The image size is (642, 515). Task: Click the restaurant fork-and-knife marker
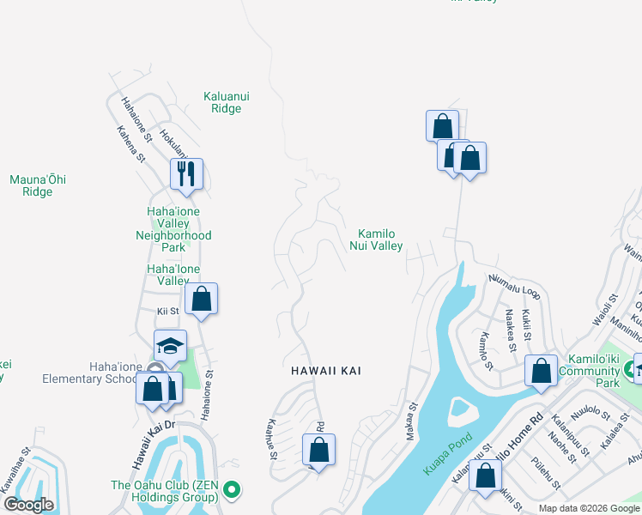tap(186, 174)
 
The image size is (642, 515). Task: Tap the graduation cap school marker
tap(170, 346)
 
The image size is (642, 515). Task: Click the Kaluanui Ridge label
tap(227, 103)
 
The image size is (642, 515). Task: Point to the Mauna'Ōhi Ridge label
tap(38, 185)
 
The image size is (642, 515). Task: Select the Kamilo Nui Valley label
tap(376, 239)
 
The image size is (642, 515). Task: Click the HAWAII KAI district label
tap(325, 371)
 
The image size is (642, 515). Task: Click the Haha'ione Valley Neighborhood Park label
tap(173, 229)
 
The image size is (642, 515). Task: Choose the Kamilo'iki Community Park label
tap(589, 377)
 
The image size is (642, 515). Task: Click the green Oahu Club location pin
tap(230, 490)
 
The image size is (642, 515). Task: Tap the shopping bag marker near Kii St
tap(202, 300)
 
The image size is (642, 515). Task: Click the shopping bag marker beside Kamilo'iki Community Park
tap(541, 372)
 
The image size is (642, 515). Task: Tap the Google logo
tap(28, 505)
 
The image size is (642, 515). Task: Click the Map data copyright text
tap(589, 508)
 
